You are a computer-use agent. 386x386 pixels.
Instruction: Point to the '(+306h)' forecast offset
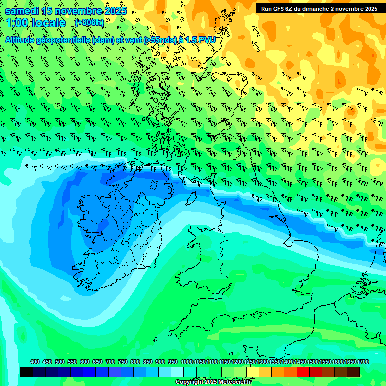pyautogui.click(x=89, y=22)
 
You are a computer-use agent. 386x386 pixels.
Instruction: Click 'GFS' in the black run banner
pyautogui.click(x=278, y=8)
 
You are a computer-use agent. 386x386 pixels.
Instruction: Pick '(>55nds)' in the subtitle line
pyautogui.click(x=159, y=40)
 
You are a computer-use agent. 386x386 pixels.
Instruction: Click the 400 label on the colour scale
pyautogui.click(x=35, y=362)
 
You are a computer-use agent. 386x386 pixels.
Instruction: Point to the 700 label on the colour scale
pyautogui.click(x=110, y=362)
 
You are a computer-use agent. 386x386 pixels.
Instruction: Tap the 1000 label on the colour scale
pyautogui.click(x=186, y=362)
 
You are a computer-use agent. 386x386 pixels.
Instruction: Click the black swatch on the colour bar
pyautogui.click(x=27, y=372)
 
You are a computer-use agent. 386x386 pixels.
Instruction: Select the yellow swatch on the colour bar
pyautogui.click(x=253, y=372)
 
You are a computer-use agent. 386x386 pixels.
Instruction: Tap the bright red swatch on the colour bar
pyautogui.click(x=303, y=372)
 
